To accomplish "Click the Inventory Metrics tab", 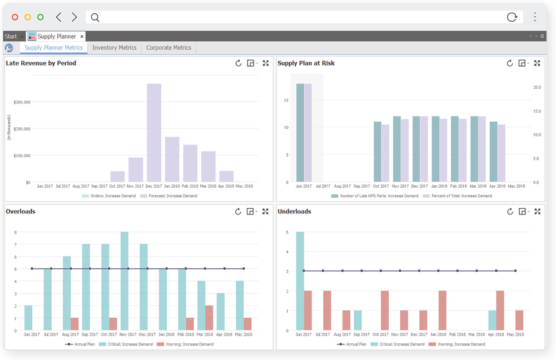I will tap(114, 48).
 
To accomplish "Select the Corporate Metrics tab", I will tap(168, 48).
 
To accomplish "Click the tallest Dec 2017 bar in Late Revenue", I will tap(154, 133).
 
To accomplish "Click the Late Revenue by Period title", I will tap(41, 63).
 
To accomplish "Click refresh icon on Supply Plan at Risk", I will tap(510, 63).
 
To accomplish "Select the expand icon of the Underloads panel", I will tap(537, 212).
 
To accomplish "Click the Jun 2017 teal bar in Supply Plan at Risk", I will tap(300, 133).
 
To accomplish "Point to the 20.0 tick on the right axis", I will tap(537, 88).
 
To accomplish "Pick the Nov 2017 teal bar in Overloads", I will tap(125, 281).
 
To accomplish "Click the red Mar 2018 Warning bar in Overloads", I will tap(209, 318).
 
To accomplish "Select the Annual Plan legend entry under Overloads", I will tap(77, 344).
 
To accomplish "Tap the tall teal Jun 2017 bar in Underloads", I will tap(300, 281).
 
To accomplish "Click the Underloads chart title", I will tap(294, 212).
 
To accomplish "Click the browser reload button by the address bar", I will tap(512, 17).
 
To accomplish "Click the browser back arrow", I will tap(59, 17).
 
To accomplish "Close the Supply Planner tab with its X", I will tap(82, 37).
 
